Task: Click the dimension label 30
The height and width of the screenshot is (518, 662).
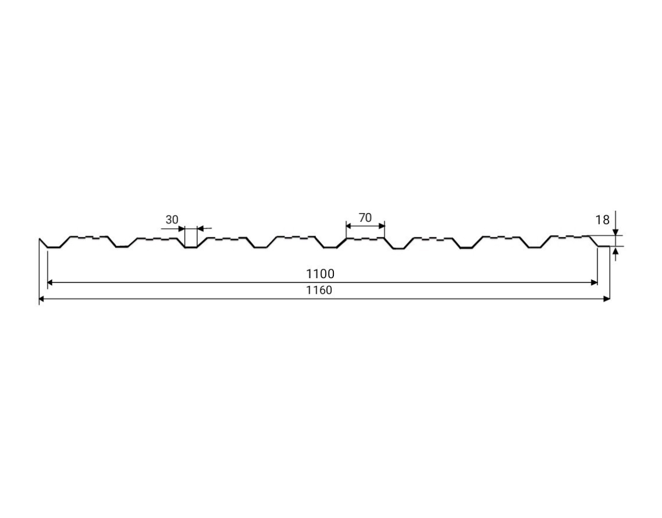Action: click(x=172, y=219)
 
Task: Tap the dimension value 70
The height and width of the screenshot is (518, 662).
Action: click(x=365, y=218)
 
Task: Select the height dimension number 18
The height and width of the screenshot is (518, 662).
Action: click(x=603, y=219)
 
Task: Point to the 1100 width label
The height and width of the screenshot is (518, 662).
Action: click(x=320, y=274)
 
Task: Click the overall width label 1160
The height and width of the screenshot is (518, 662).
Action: click(x=319, y=290)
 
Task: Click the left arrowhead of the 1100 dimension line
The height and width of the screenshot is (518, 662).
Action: click(x=50, y=282)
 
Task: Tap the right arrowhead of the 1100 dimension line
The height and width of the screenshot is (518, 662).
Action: click(x=595, y=282)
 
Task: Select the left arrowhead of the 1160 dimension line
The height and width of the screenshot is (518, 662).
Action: click(x=41, y=299)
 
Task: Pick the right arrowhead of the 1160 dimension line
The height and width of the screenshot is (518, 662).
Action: click(x=607, y=299)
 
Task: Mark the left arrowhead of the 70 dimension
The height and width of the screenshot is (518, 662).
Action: click(x=348, y=226)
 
